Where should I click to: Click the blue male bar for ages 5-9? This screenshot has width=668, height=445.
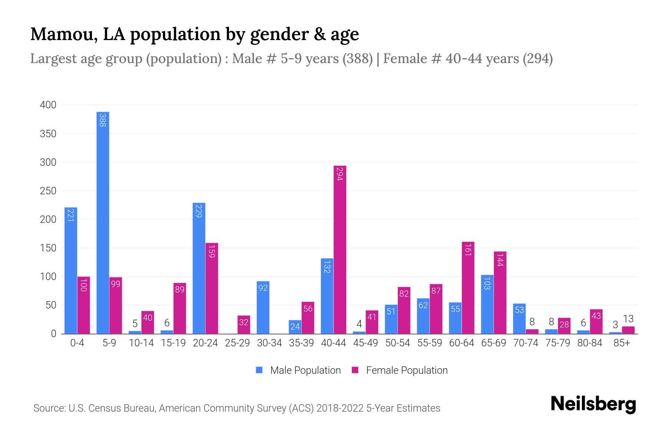pyautogui.click(x=103, y=222)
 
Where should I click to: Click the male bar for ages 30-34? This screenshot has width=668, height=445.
pyautogui.click(x=263, y=307)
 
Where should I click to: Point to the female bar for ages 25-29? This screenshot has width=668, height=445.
pyautogui.click(x=244, y=324)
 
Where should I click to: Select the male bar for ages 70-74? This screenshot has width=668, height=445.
pyautogui.click(x=519, y=319)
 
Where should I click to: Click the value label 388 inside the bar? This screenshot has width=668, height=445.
pyautogui.click(x=103, y=120)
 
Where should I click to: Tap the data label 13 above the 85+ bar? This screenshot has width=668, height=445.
pyautogui.click(x=628, y=319)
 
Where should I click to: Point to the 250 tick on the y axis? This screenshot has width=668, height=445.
pyautogui.click(x=48, y=191)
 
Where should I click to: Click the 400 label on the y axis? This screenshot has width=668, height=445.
pyautogui.click(x=48, y=105)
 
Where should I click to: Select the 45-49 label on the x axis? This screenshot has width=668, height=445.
pyautogui.click(x=365, y=343)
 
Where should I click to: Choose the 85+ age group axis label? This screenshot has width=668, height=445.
pyautogui.click(x=622, y=343)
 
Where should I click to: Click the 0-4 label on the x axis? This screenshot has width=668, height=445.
pyautogui.click(x=77, y=343)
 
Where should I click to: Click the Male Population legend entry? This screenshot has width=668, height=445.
pyautogui.click(x=299, y=370)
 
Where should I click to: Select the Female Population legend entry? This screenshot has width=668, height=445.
pyautogui.click(x=400, y=370)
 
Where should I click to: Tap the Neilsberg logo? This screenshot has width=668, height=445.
pyautogui.click(x=593, y=404)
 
